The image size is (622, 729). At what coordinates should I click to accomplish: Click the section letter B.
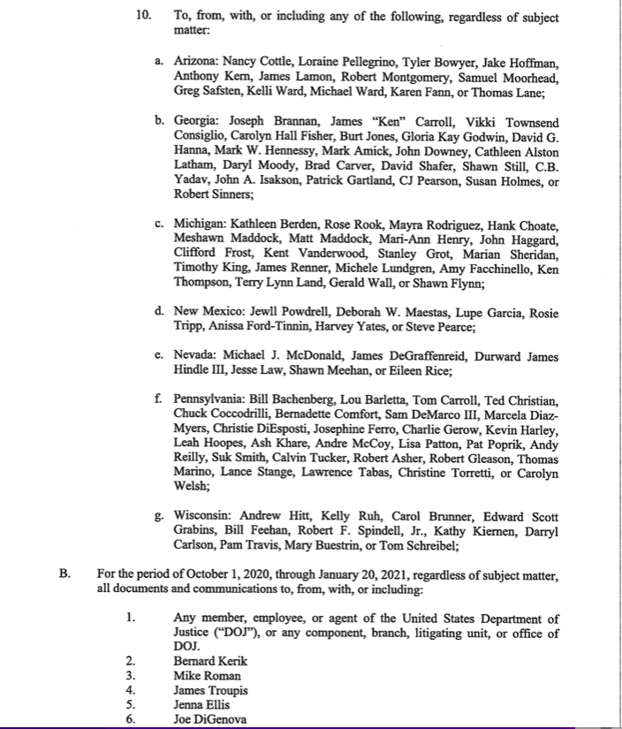click(x=64, y=573)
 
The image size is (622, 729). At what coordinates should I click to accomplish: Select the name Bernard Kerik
click(x=210, y=660)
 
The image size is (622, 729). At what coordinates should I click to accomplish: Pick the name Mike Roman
click(x=207, y=675)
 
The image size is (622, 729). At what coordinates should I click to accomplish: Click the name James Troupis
click(x=211, y=690)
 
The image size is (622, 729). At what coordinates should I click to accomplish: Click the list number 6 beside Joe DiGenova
click(x=130, y=720)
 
